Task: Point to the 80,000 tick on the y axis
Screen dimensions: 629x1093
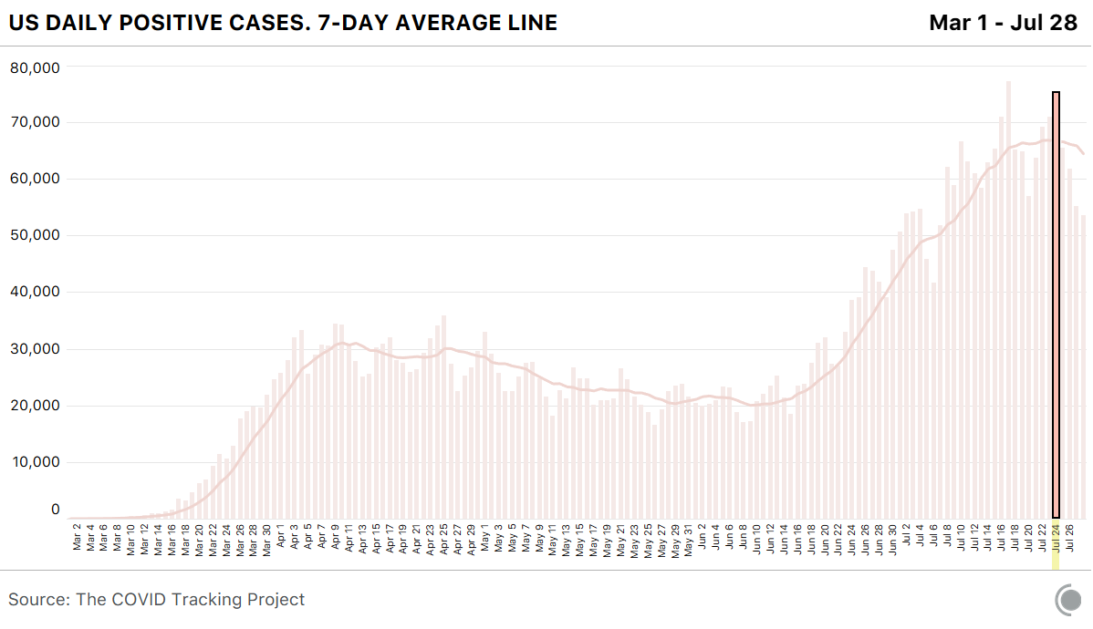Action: pyautogui.click(x=35, y=67)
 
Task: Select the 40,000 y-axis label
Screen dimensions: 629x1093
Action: pyautogui.click(x=35, y=292)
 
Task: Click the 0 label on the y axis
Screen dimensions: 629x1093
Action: pyautogui.click(x=55, y=510)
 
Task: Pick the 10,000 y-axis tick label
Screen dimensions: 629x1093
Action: pyautogui.click(x=35, y=462)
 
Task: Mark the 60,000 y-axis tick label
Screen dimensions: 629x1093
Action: pyautogui.click(x=35, y=179)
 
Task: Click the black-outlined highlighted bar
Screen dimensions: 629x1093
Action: pyautogui.click(x=1056, y=304)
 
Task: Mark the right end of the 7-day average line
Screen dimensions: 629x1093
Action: pyautogui.click(x=1084, y=153)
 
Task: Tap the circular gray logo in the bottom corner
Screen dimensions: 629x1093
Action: pyautogui.click(x=1068, y=600)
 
